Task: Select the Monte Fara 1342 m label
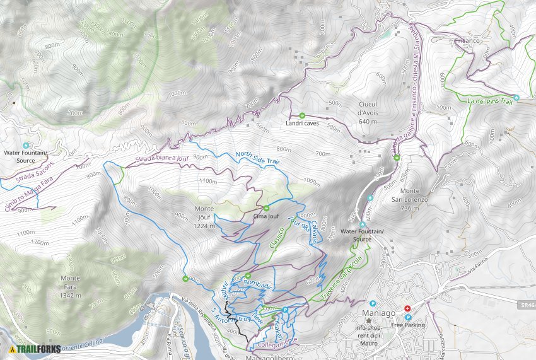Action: (70, 282)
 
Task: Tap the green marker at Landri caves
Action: (301, 115)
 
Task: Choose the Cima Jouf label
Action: (265, 216)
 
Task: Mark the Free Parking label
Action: (408, 325)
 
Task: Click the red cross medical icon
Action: (407, 308)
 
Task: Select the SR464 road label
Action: (528, 305)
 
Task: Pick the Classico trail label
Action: (277, 237)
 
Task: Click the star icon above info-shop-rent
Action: (368, 320)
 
